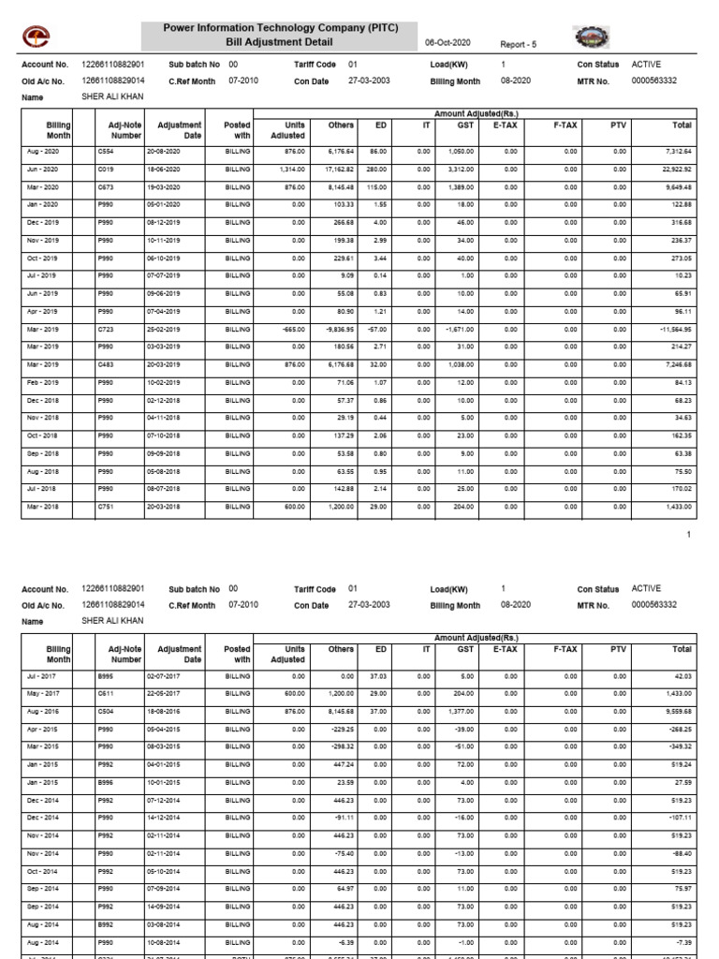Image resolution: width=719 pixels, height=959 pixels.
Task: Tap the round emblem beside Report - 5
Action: click(x=590, y=37)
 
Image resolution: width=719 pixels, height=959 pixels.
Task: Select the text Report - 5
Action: click(x=518, y=44)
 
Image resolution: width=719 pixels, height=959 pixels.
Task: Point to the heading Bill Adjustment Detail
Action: click(x=280, y=42)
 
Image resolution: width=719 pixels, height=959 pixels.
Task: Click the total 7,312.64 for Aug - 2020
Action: click(x=675, y=151)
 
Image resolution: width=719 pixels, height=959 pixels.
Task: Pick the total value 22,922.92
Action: click(x=673, y=169)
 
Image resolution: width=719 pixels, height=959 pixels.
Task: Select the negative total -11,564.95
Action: click(x=671, y=329)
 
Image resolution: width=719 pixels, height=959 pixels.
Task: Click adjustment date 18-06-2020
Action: click(x=163, y=169)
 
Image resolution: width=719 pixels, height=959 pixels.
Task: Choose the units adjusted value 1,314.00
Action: click(x=292, y=169)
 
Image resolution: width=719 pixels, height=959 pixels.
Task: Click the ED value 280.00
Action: click(x=376, y=169)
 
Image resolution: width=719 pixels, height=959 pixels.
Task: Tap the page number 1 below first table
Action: click(x=688, y=534)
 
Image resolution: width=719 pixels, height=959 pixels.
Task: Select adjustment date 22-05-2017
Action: click(x=163, y=694)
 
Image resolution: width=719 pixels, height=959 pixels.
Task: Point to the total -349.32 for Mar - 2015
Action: click(x=677, y=747)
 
